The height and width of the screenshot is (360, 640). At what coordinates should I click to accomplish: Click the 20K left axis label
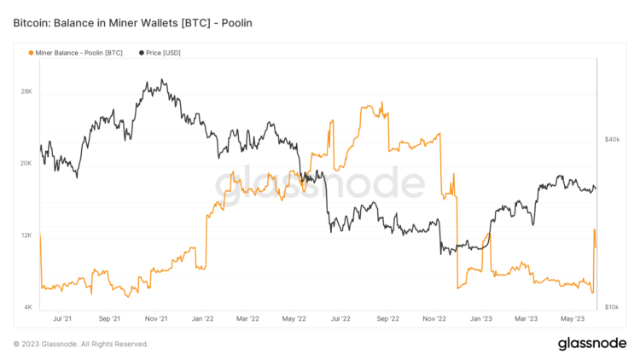tap(26, 164)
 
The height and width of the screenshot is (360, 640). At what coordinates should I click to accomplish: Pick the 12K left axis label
tap(26, 235)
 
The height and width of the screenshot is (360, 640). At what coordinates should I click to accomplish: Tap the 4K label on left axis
tap(28, 307)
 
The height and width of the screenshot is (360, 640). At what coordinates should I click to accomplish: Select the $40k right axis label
tap(611, 138)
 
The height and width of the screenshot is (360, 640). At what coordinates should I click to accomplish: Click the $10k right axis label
tap(611, 307)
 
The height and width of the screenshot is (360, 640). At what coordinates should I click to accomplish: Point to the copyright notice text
tap(81, 345)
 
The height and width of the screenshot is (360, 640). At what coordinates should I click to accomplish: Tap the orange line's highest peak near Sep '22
tap(381, 102)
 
